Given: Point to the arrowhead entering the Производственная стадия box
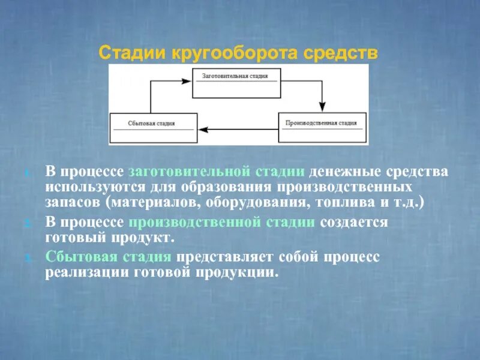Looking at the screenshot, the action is coord(322,107).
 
